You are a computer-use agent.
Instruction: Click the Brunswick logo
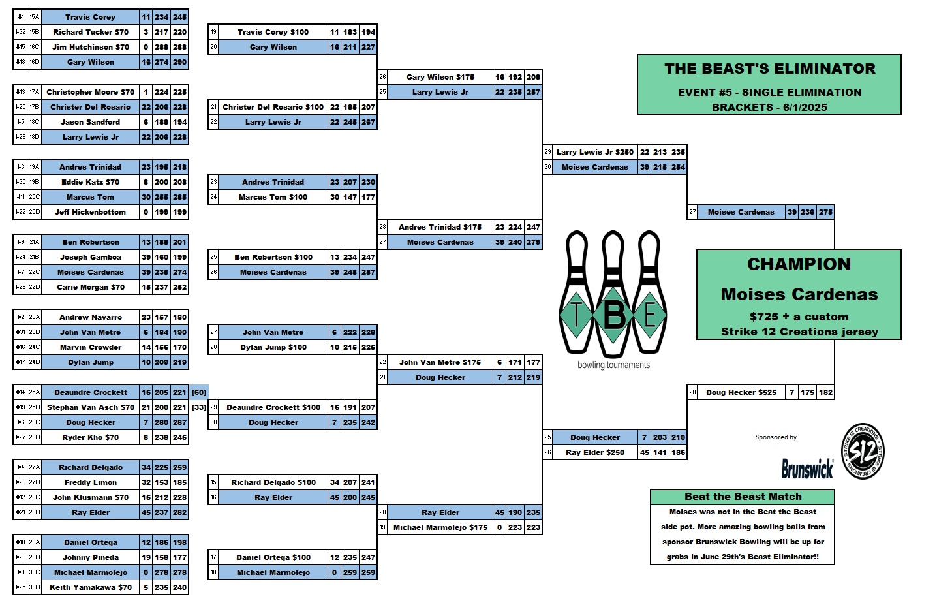807,468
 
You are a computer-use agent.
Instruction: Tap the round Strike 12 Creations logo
863,451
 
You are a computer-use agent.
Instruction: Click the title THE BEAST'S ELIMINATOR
769,69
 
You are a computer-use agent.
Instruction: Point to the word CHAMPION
799,264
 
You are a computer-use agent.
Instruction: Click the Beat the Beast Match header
743,497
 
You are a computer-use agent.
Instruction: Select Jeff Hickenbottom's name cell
90,212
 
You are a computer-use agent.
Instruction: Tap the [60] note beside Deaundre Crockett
199,392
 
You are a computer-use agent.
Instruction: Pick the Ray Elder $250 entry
594,452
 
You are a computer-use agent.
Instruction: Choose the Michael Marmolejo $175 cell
440,527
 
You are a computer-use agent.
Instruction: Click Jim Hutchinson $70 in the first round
90,47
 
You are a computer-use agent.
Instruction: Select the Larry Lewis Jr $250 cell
594,152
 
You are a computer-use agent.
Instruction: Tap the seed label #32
21,32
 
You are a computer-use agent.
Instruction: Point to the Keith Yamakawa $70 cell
90,587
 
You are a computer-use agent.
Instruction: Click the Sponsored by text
776,437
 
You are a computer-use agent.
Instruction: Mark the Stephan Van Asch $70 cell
90,407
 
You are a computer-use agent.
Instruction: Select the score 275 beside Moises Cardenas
825,212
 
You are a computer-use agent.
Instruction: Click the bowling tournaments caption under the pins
613,365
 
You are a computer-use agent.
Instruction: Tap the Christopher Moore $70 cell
90,92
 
